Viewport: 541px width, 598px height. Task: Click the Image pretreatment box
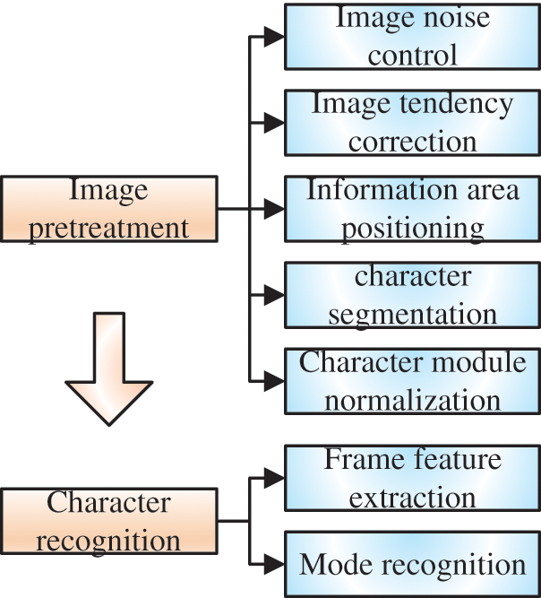pos(109,209)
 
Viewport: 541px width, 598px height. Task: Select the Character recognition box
pos(109,521)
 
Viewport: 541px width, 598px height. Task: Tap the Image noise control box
pos(412,37)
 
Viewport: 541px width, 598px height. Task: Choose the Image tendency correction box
pos(412,122)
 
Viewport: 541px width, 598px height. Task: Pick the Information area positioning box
pos(412,209)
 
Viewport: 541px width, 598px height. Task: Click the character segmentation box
pos(412,295)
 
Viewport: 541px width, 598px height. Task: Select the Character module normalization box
pos(412,381)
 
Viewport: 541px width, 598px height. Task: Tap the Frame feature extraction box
pos(412,478)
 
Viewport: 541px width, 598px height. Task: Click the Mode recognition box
pos(412,565)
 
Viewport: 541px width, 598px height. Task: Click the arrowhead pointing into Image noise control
pos(274,38)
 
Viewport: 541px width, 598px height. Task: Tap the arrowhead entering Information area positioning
pos(274,209)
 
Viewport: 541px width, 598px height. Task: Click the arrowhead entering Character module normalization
pos(274,381)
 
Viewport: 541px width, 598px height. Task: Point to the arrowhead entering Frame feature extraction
pos(274,479)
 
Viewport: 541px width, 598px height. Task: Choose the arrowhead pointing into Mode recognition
pos(274,565)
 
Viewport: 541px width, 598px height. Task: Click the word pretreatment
pos(109,228)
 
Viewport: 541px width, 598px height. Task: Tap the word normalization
pos(412,400)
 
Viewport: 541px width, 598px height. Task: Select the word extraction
pos(412,497)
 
